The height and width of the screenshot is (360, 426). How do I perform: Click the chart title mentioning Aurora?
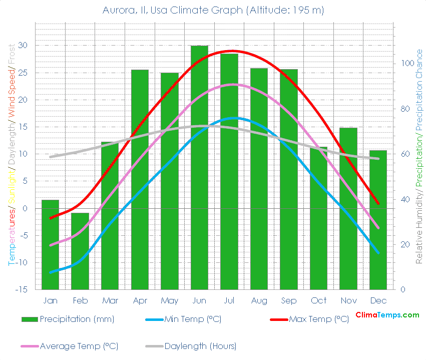click(x=213, y=10)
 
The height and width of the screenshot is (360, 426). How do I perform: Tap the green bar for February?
click(x=80, y=251)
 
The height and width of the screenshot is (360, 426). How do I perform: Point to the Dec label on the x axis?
click(x=378, y=300)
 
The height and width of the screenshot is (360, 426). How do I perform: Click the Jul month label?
click(x=229, y=300)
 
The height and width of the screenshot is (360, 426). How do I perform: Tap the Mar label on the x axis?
click(x=110, y=300)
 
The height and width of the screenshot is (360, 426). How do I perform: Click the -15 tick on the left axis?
click(x=23, y=290)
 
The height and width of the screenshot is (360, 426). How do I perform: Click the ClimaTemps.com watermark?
click(x=387, y=315)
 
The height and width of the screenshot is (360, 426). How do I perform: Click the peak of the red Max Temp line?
click(x=231, y=51)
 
